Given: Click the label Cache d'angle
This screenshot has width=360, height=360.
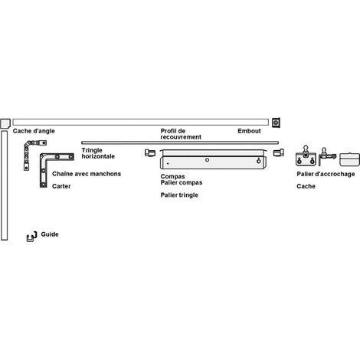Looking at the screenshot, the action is pos(34,131).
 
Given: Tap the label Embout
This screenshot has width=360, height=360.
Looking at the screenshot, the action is pos(249,131).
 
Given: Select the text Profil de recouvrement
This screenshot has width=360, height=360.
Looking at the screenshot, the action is pos(181,134).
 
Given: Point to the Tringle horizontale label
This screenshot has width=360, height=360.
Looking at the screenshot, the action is pos(98,153).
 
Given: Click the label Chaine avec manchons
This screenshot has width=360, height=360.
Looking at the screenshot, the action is pos(87,174).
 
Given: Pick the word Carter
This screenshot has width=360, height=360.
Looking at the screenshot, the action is pos(61,186).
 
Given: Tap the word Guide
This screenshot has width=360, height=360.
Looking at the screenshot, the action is pos(50,234).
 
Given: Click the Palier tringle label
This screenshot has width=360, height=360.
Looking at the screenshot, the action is pos(179,195).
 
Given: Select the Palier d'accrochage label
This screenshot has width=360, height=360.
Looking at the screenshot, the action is pos(326,174).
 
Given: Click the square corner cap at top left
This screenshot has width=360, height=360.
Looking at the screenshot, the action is pos(5,123).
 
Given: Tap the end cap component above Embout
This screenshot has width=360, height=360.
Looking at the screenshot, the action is pos(276,123).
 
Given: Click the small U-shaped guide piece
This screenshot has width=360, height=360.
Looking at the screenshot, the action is pos(31,237).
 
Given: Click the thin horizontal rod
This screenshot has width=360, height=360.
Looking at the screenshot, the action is pos(180,142).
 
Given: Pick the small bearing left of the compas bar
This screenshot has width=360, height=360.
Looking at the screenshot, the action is pos(150,152).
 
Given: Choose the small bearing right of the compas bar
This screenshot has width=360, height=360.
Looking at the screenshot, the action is pos(279,152).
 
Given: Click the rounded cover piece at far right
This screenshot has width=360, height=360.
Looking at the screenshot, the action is pos(349,159).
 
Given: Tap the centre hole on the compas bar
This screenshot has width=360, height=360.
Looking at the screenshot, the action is pos(207,160).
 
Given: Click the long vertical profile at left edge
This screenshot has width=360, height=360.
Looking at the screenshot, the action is pos(4,185).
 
